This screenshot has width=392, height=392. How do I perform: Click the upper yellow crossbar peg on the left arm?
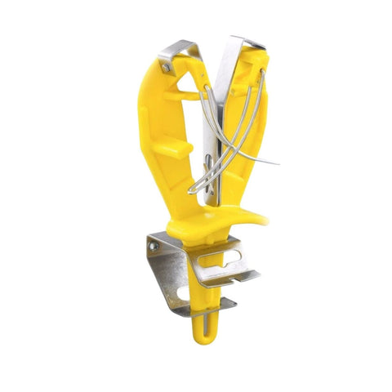click(x=178, y=97)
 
